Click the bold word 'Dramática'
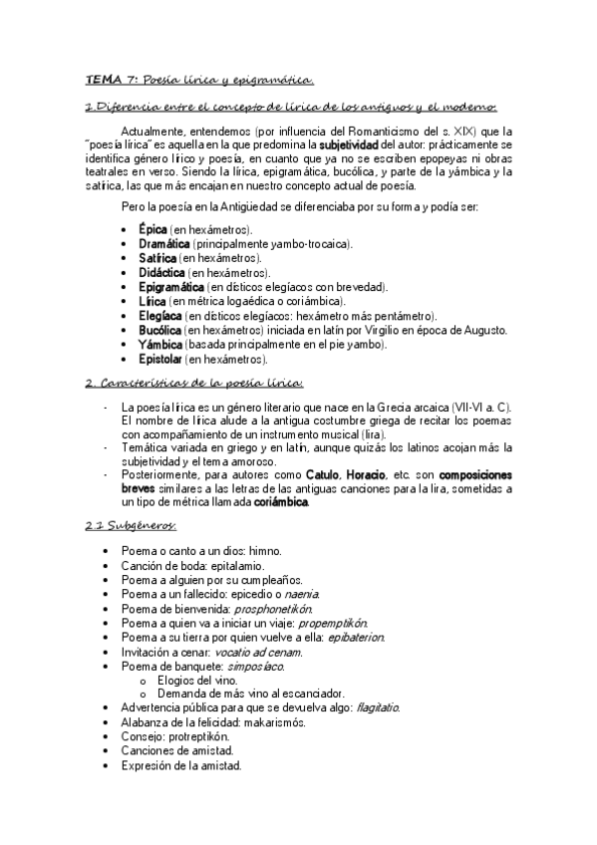click(164, 243)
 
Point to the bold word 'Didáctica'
click(162, 272)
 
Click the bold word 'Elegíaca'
click(159, 316)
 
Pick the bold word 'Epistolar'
click(160, 359)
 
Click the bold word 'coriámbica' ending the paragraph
click(282, 502)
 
